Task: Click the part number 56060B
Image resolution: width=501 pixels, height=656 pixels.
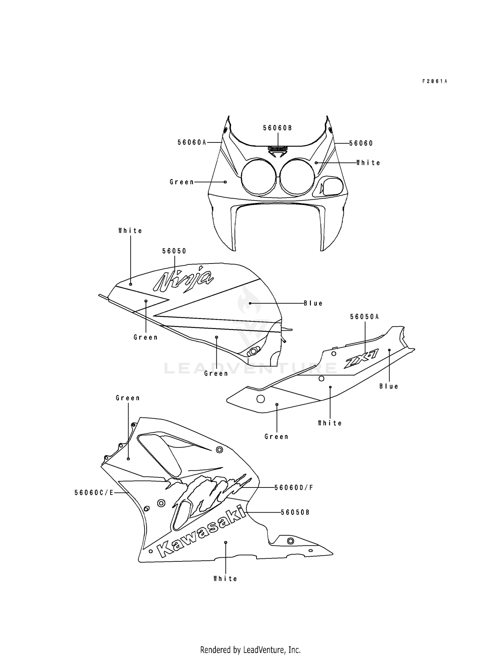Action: tap(277, 128)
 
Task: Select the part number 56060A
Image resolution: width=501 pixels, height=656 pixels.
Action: tap(192, 142)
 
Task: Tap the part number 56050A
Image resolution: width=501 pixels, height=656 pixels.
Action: tap(364, 317)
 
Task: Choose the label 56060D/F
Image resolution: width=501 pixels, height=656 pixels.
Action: tap(294, 487)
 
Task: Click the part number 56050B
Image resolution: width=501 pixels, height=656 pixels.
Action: tap(295, 512)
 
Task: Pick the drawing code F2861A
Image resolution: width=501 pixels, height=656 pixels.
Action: tap(435, 81)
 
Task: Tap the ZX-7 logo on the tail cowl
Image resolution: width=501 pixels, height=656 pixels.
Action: tap(362, 360)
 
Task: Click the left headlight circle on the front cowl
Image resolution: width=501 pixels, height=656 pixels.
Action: tap(259, 177)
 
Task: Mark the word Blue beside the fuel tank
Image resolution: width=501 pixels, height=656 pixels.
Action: tap(313, 303)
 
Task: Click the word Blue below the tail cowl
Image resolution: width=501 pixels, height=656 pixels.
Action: tap(389, 386)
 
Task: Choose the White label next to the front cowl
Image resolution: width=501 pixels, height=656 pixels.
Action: tap(368, 163)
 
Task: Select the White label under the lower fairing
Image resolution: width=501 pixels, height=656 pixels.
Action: tap(225, 579)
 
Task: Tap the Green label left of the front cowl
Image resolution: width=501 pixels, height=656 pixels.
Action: tap(182, 182)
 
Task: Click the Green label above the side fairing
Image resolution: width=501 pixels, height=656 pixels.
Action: tap(128, 398)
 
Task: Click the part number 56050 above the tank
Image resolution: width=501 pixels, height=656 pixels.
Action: tap(174, 251)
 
